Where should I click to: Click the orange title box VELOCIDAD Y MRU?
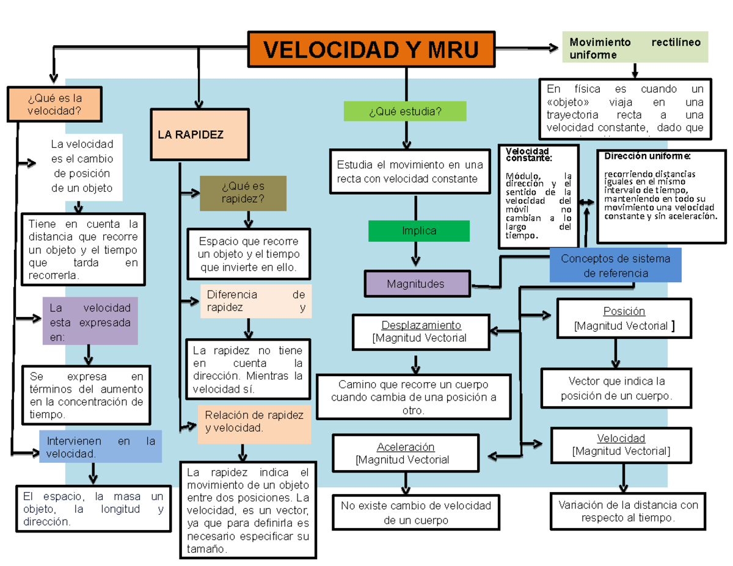click(x=371, y=49)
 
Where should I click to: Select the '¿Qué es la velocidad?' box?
click(x=54, y=104)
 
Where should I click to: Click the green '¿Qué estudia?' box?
click(x=405, y=111)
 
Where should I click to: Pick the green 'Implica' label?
click(x=419, y=231)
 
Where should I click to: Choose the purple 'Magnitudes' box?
click(x=418, y=284)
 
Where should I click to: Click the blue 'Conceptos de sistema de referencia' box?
click(x=615, y=266)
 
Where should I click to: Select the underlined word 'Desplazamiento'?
click(x=421, y=325)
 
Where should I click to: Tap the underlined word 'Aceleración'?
click(x=406, y=447)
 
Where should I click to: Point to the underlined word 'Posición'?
click(x=624, y=311)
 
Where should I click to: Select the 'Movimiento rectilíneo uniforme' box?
click(x=635, y=48)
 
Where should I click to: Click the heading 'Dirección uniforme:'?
click(x=648, y=156)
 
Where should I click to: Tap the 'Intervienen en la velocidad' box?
click(x=101, y=447)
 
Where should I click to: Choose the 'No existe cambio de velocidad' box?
click(x=416, y=513)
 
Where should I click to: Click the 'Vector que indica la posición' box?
click(x=616, y=389)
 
